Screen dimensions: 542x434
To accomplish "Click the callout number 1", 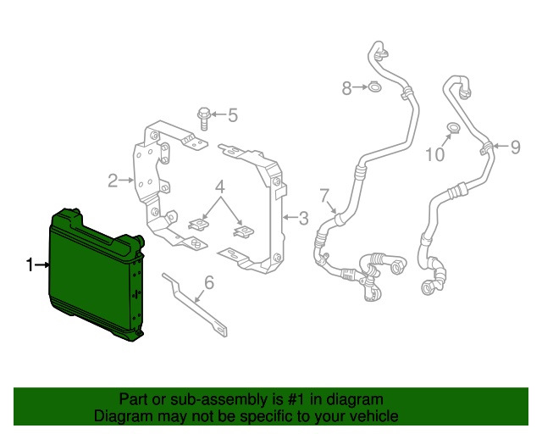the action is coord(30,265).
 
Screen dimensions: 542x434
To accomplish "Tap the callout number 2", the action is coord(113,181).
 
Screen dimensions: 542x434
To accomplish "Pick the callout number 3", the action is coord(303,218).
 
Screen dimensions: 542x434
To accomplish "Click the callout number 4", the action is coord(220,186).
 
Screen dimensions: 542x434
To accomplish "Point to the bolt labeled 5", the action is coord(203,119).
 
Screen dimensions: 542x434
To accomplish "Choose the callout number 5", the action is coord(233,115).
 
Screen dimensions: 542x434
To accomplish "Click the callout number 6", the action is coord(209,282).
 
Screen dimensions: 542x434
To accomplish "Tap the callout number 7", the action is coord(324,195).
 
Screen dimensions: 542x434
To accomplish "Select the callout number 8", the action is coord(346,88).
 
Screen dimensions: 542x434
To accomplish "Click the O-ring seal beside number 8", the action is coord(374,86).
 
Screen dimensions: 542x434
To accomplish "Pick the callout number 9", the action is coord(515,147).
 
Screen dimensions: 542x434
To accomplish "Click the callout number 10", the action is coord(434,154).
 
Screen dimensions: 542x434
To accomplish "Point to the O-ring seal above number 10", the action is coord(453,128).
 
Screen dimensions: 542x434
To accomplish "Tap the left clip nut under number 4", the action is coord(198,225).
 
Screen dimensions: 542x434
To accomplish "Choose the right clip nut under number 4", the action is coord(244,231).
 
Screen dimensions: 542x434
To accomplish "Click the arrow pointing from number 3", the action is coord(290,217).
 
